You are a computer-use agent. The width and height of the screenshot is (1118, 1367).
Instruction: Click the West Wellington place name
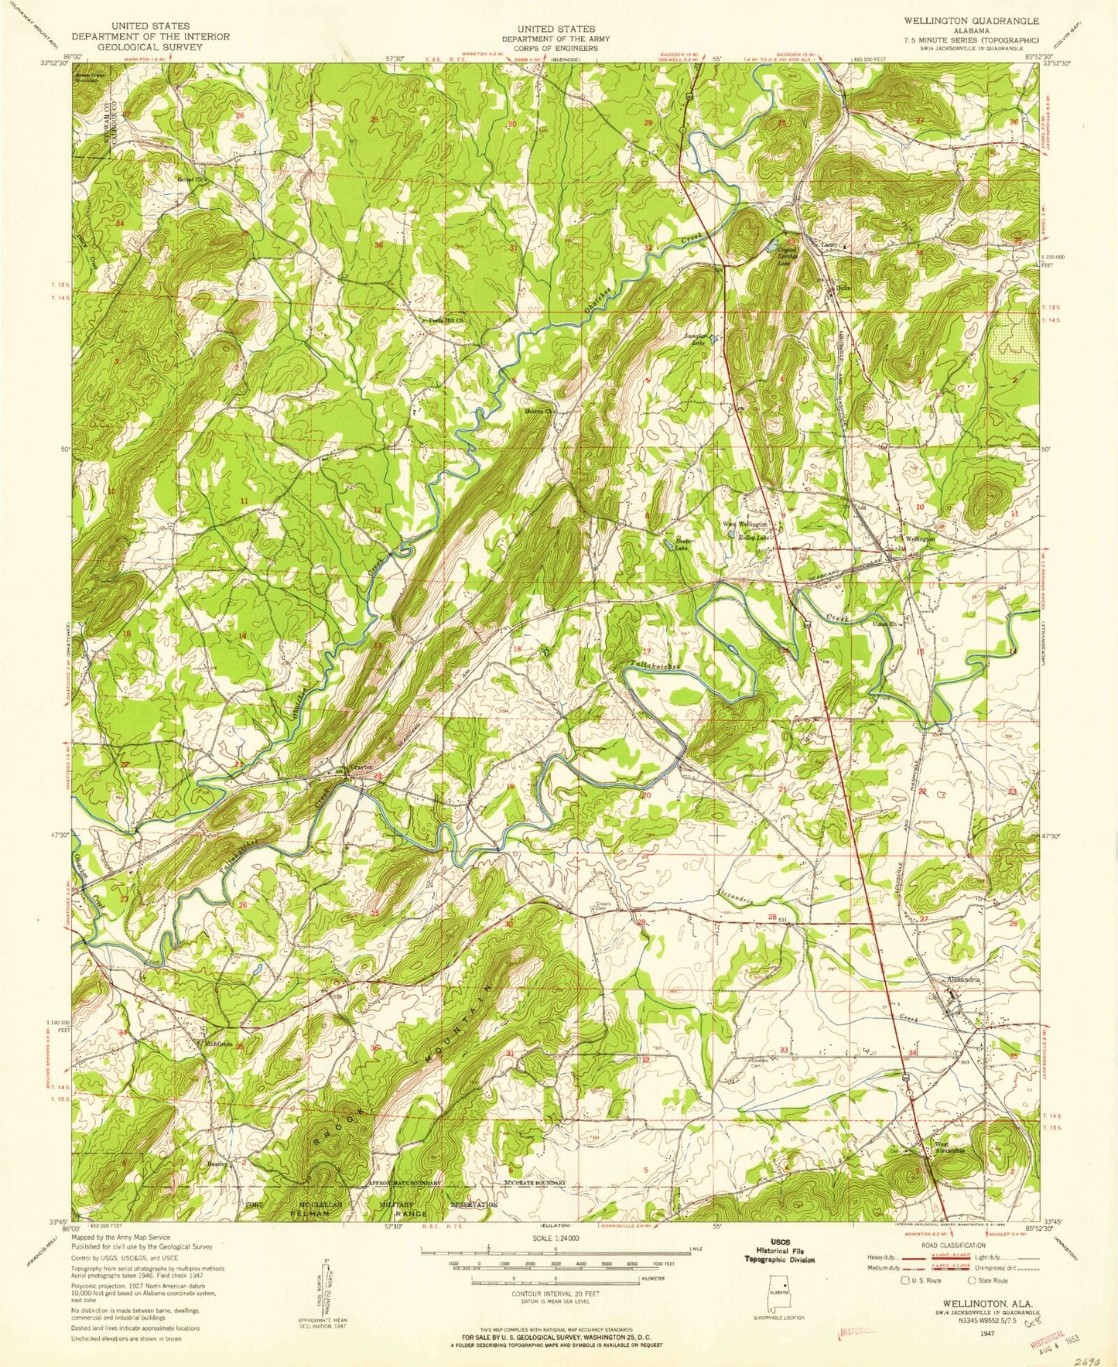click(744, 524)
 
